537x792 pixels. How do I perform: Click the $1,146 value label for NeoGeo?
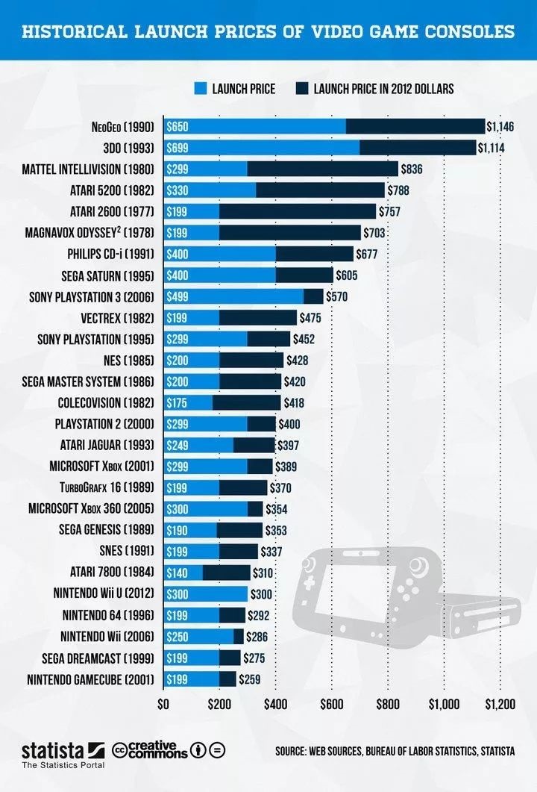(x=500, y=127)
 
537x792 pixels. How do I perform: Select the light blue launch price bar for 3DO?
(x=261, y=148)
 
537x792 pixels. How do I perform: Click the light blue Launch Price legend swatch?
(x=198, y=88)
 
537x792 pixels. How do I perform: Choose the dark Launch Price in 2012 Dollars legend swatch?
(x=302, y=88)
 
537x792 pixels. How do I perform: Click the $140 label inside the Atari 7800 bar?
(x=178, y=573)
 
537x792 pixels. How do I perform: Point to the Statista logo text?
(x=52, y=749)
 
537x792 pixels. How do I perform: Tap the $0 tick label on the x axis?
(x=163, y=703)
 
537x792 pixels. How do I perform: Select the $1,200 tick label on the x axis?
(x=500, y=703)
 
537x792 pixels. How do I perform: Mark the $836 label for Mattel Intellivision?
(x=412, y=169)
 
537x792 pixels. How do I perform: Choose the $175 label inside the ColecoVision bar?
(x=178, y=403)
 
